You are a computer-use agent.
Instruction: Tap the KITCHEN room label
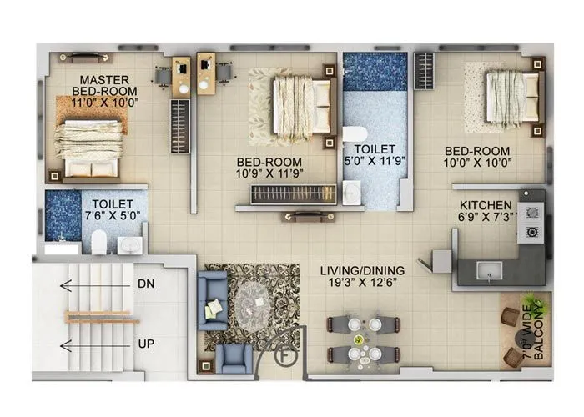(485, 204)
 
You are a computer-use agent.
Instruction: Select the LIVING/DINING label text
(363, 270)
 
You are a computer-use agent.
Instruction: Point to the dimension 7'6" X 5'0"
(111, 214)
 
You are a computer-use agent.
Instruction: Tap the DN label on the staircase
(145, 284)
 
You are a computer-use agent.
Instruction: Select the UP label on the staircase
(145, 344)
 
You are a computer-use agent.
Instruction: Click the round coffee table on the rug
(253, 301)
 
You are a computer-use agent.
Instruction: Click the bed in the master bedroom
(90, 142)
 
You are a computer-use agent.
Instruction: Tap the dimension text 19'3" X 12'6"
(363, 284)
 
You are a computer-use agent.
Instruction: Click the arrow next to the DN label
(92, 284)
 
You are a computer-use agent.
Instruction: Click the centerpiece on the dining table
(359, 339)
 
